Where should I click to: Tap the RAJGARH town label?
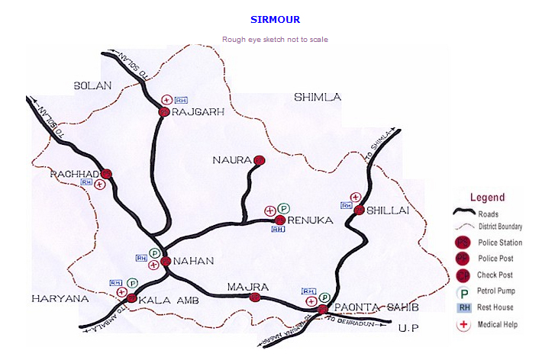(198, 111)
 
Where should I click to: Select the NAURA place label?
(233, 160)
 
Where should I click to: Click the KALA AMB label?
(169, 301)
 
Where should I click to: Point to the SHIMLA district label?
(318, 97)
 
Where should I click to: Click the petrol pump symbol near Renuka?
(283, 208)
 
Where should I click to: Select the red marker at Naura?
(259, 160)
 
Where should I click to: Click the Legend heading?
(487, 198)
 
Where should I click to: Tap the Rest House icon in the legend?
(463, 307)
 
